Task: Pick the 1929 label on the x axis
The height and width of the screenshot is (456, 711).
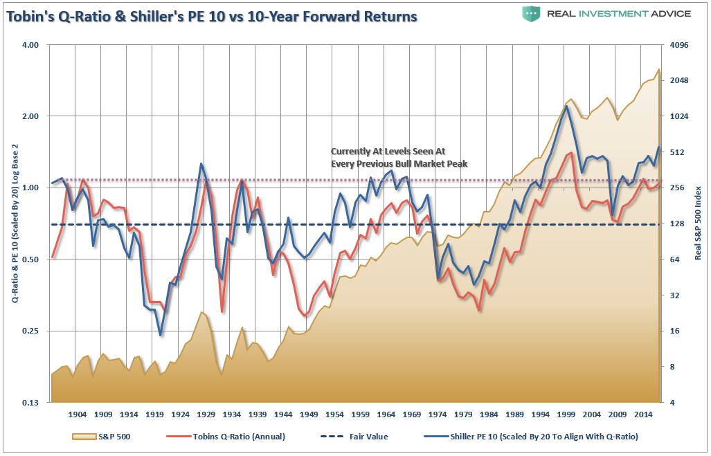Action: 206,414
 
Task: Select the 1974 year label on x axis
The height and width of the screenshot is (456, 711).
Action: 438,414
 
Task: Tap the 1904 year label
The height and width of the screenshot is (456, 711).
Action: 77,414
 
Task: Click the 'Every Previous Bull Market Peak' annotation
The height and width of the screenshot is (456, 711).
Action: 399,164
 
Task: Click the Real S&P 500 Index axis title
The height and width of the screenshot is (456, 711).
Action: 699,223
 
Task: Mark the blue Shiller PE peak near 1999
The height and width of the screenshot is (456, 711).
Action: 566,106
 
